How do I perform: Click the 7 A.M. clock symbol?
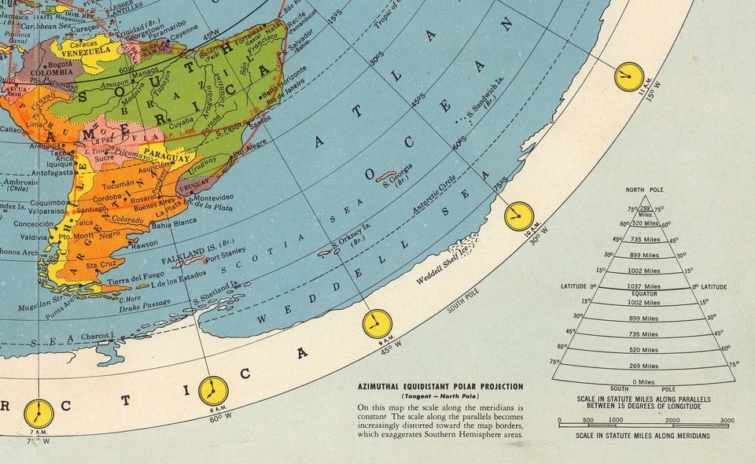click(x=37, y=412)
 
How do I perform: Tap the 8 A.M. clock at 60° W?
click(x=212, y=390)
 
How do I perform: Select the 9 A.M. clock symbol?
click(x=376, y=323)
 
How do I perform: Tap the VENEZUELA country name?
click(x=84, y=52)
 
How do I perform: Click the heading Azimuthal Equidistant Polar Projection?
click(x=440, y=387)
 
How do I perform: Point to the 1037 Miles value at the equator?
click(x=644, y=285)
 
